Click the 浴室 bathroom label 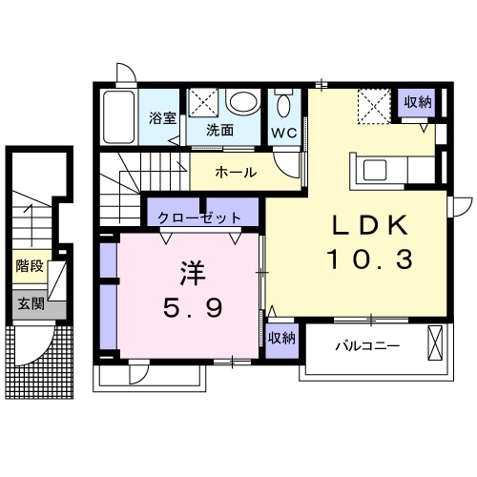tap(161, 119)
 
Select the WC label tap(283, 132)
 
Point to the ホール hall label tap(235, 173)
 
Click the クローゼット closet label tap(206, 218)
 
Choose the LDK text tap(370, 226)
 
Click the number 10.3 tap(370, 258)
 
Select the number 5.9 tap(182, 308)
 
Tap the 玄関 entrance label tap(30, 304)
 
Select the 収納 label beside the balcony tap(281, 337)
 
